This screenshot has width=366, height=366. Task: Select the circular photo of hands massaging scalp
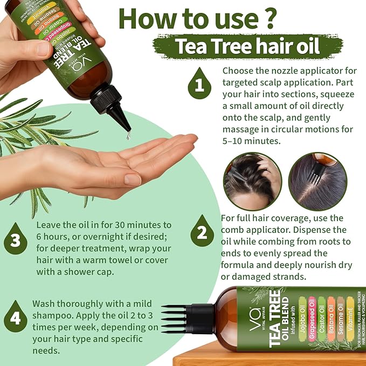tap(252, 181)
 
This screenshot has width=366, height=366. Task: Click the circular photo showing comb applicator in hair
tap(317, 181)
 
